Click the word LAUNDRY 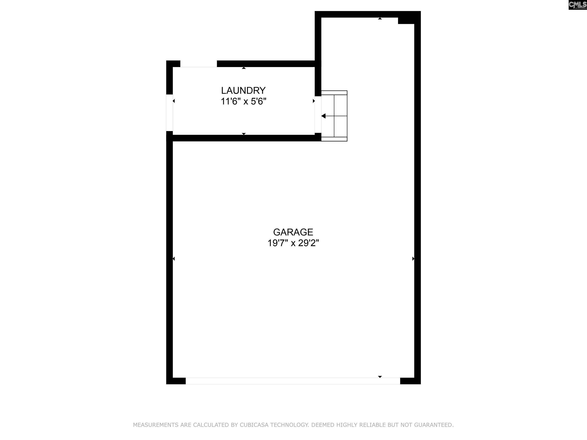pos(243,91)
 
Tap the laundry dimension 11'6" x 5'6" pos(243,102)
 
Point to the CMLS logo pos(577,5)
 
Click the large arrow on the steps pos(323,116)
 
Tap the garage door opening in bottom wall pos(293,381)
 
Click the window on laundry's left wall pos(169,113)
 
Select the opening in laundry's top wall pos(199,64)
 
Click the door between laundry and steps pos(318,114)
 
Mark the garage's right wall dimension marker pos(413,259)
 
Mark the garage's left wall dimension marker pos(174,259)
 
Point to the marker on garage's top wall pos(380,19)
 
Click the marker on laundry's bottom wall pos(244,134)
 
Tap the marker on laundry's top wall pos(244,68)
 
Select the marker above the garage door pos(380,377)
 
